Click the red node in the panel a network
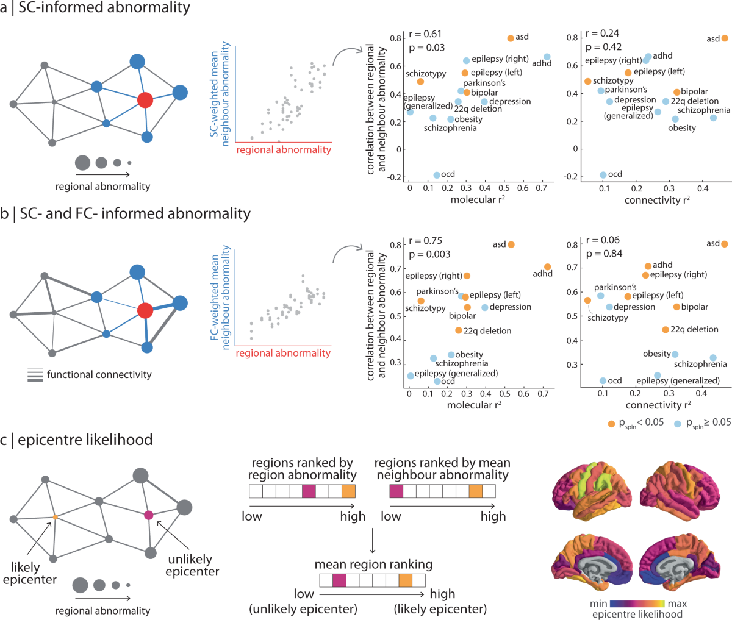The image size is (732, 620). pyautogui.click(x=145, y=100)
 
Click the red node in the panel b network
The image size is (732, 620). pyautogui.click(x=145, y=311)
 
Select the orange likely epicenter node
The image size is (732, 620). pyautogui.click(x=55, y=517)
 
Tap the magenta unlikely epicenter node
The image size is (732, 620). pyautogui.click(x=148, y=515)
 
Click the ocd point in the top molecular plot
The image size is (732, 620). pyautogui.click(x=437, y=175)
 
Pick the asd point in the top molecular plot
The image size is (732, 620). pyautogui.click(x=511, y=38)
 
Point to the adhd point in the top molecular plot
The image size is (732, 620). pyautogui.click(x=547, y=57)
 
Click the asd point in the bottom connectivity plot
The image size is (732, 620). pyautogui.click(x=724, y=244)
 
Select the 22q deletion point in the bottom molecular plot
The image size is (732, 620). pyautogui.click(x=459, y=330)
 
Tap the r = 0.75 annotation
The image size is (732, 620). pyautogui.click(x=426, y=241)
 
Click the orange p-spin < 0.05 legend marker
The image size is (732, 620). pyautogui.click(x=611, y=423)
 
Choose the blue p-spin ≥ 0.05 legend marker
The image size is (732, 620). pyautogui.click(x=678, y=423)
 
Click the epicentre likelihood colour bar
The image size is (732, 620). pyautogui.click(x=637, y=604)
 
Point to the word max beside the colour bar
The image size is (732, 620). pyautogui.click(x=677, y=604)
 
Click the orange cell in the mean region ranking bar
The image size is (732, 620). pyautogui.click(x=405, y=580)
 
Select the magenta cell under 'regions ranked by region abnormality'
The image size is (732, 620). pyautogui.click(x=309, y=491)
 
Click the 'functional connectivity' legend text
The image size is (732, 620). pyautogui.click(x=99, y=374)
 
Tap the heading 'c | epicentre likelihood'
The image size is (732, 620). pyautogui.click(x=76, y=440)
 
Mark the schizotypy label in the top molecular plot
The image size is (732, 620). pyautogui.click(x=426, y=74)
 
